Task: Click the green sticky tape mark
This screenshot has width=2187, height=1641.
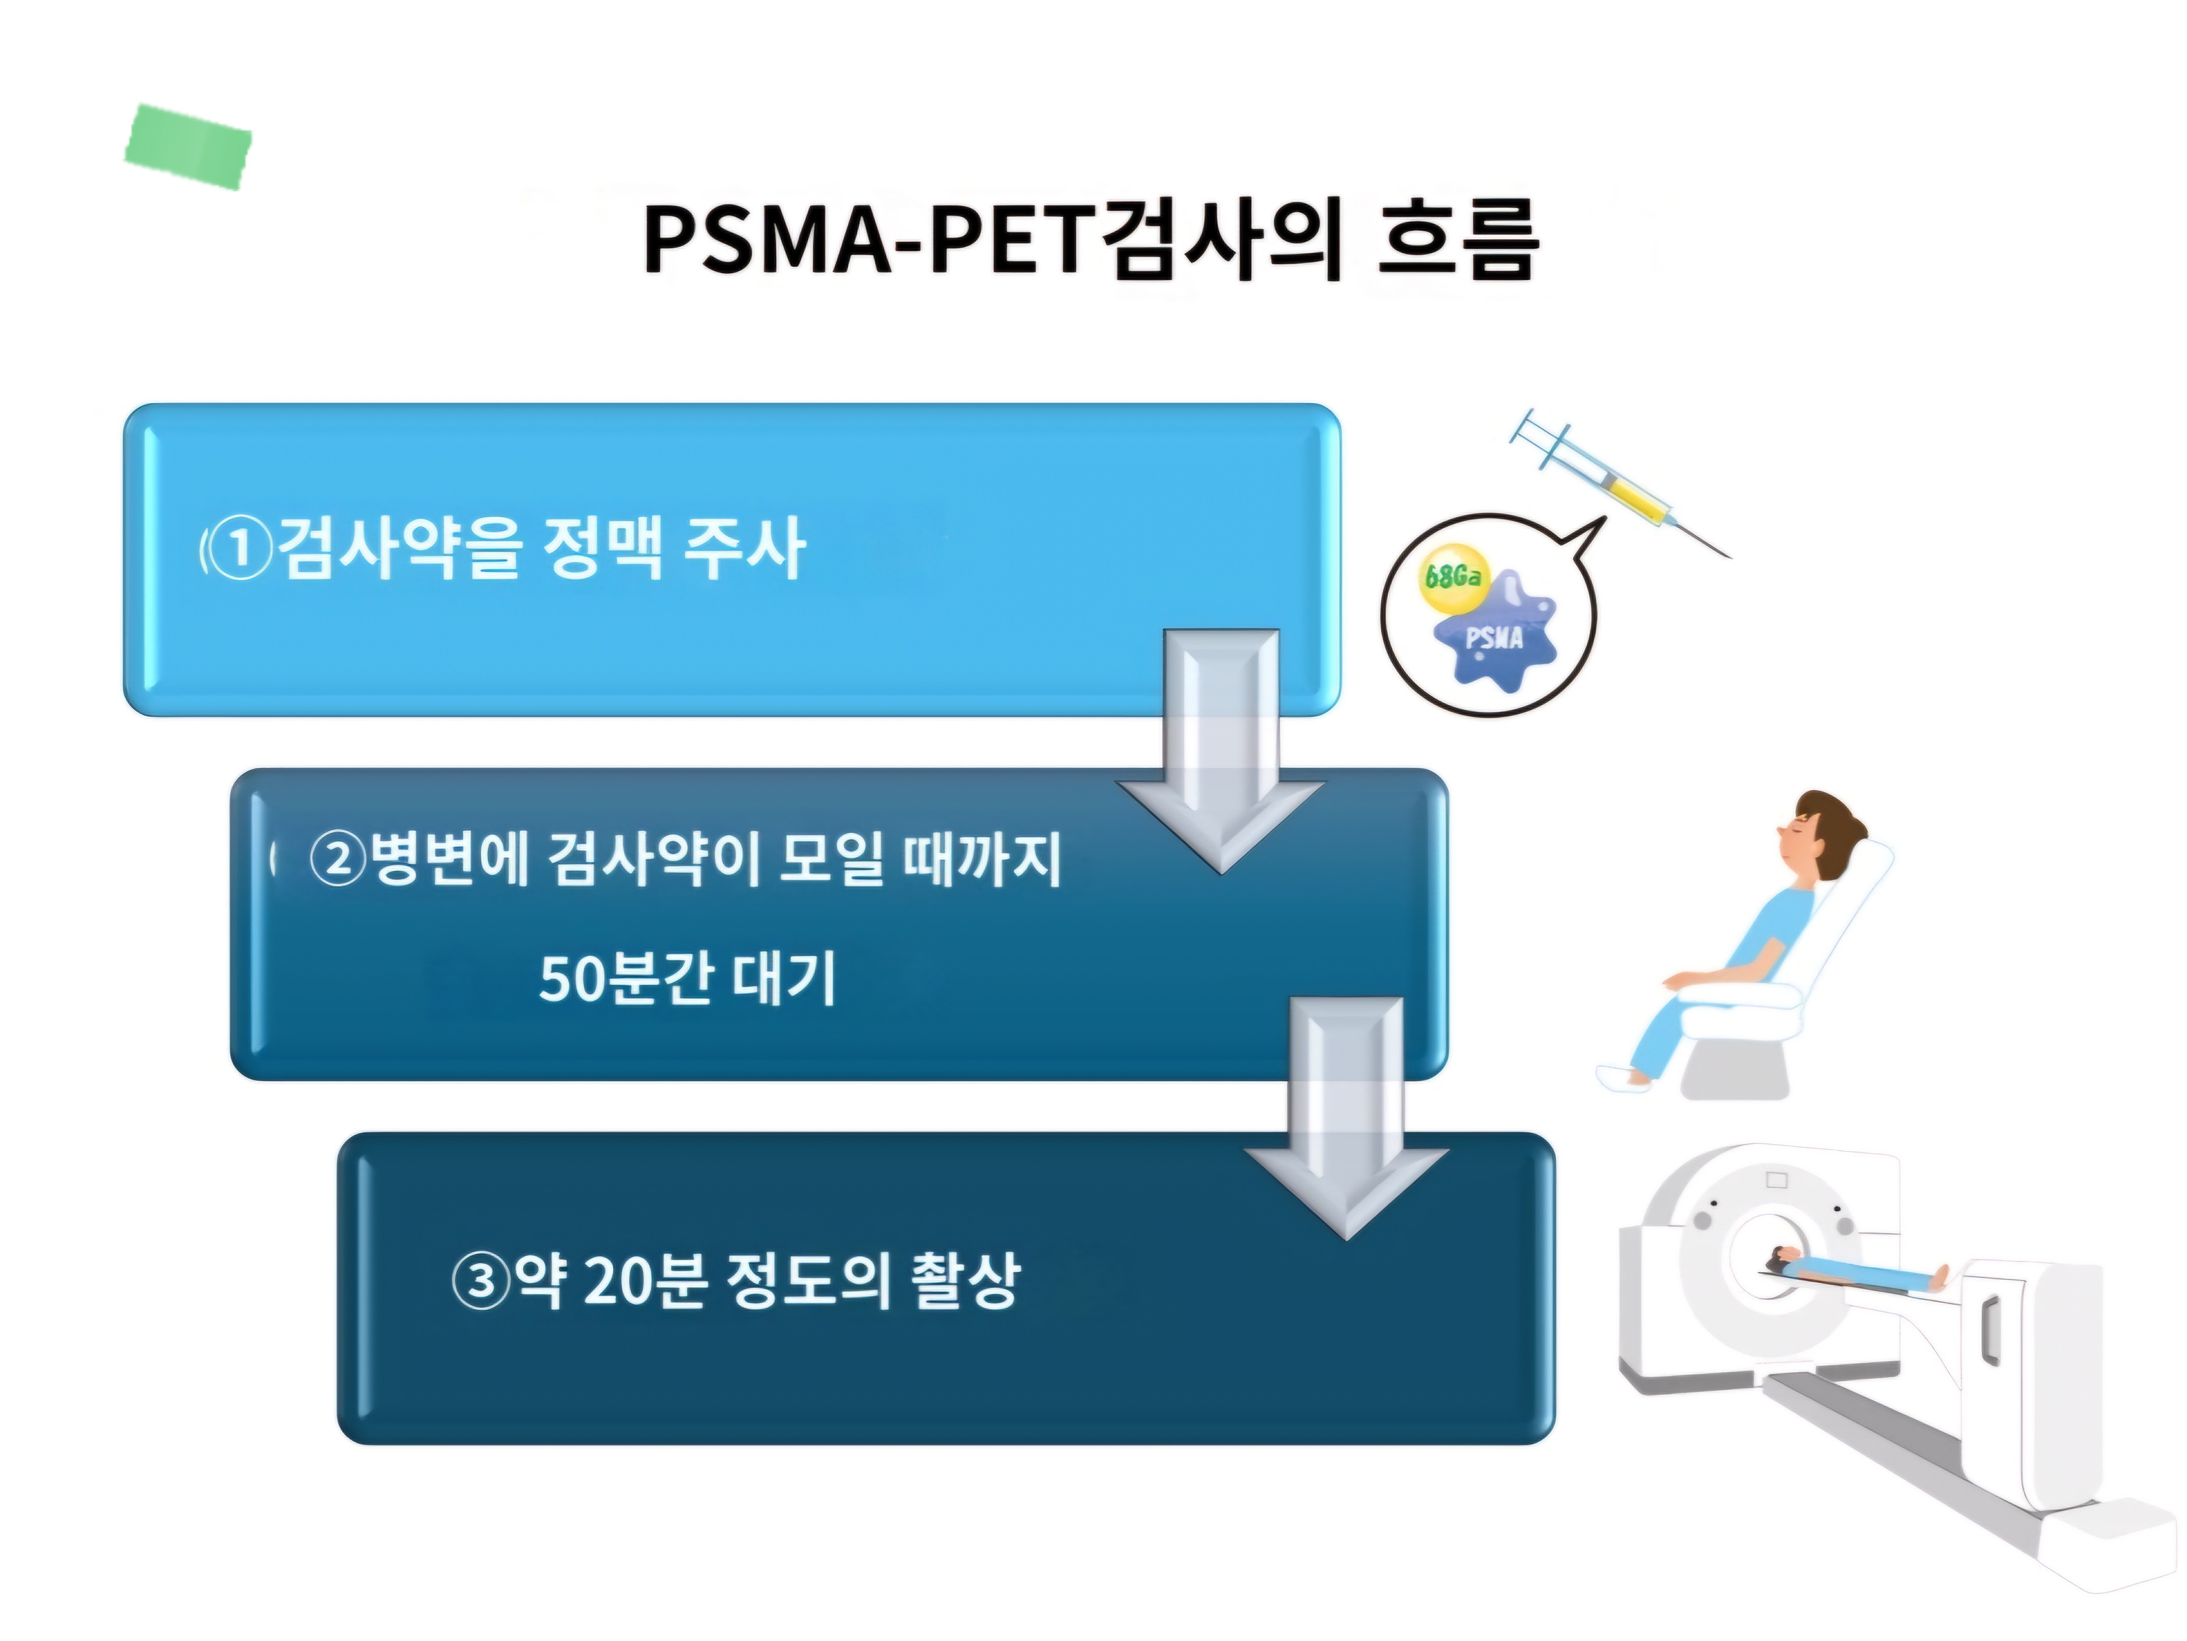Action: coord(188,146)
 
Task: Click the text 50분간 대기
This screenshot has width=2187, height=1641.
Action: coord(687,979)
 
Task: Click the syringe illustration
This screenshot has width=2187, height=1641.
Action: coord(1621,484)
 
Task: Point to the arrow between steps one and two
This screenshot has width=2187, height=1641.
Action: coord(1222,751)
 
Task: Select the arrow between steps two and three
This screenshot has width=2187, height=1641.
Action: coord(1346,1117)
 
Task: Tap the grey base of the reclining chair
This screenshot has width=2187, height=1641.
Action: coord(1735,1068)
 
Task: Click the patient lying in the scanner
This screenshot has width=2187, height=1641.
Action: coord(1849,1270)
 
